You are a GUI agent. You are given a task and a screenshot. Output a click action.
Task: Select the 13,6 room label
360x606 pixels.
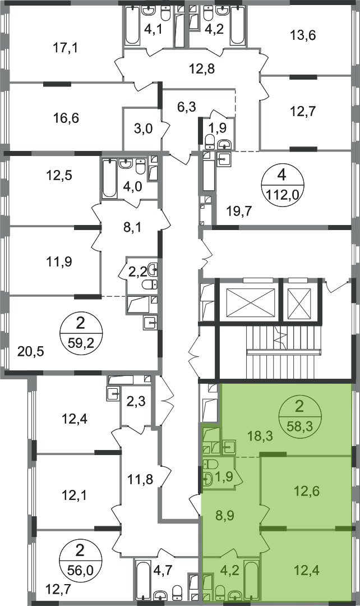(303, 35)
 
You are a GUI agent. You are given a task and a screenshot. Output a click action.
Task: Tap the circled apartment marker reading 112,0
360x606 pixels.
(282, 185)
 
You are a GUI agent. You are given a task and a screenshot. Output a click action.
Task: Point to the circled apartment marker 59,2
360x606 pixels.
(80, 332)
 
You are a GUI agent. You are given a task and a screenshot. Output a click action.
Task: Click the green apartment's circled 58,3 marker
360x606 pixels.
(298, 416)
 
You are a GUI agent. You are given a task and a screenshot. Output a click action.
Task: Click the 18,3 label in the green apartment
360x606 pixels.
(260, 437)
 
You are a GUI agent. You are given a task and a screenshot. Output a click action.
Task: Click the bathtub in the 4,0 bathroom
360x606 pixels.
(110, 178)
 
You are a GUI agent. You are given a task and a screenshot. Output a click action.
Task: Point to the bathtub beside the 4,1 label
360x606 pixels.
(132, 25)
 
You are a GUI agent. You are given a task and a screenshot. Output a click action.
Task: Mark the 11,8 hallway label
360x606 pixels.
(140, 480)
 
